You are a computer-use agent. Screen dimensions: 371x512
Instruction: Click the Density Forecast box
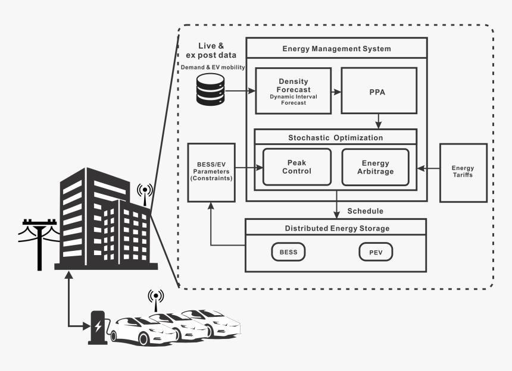tap(294, 91)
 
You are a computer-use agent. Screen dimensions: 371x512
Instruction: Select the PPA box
tap(378, 91)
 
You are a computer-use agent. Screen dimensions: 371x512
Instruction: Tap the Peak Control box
tap(296, 167)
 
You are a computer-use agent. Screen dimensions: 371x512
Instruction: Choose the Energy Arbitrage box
tap(376, 167)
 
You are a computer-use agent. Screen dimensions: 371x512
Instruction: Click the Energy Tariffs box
tap(463, 172)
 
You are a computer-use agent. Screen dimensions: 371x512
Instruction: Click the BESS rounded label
tap(289, 252)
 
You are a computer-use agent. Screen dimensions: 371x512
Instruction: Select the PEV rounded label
tap(376, 252)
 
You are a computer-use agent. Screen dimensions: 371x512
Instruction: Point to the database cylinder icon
tap(211, 91)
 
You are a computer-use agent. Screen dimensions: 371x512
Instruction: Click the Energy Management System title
tap(336, 48)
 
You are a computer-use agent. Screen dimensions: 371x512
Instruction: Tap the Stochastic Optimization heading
tap(336, 137)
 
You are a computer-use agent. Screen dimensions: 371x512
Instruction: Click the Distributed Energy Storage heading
tap(336, 228)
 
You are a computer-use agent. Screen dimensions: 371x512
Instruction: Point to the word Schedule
tap(365, 211)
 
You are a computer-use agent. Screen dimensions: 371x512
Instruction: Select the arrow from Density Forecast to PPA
tap(336, 92)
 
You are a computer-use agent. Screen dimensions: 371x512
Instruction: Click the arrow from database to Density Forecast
tap(241, 91)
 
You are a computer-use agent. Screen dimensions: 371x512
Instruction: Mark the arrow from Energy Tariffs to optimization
tap(428, 168)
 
